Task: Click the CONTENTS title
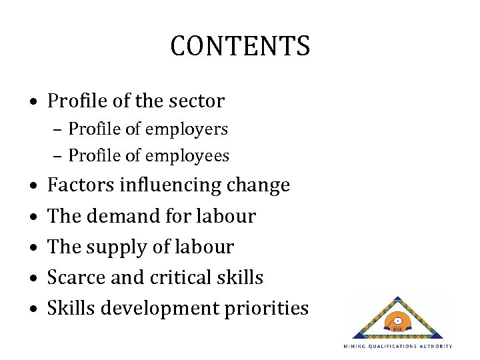240,46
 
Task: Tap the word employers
195,128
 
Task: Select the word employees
196,156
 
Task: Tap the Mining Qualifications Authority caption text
398,347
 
